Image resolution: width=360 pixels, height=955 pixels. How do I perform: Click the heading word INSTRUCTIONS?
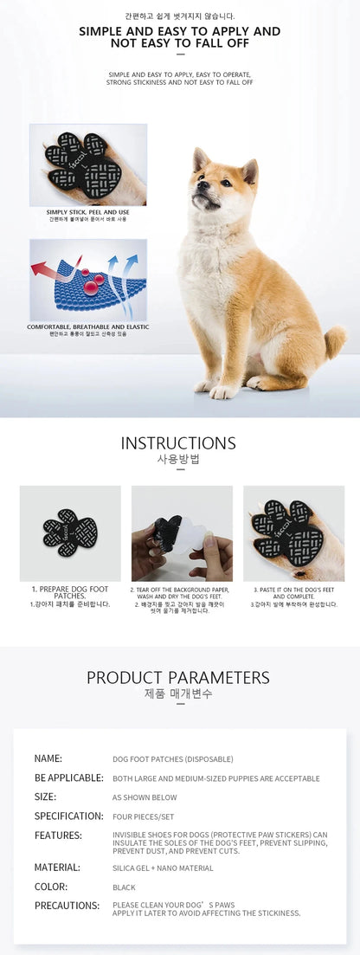coord(178,443)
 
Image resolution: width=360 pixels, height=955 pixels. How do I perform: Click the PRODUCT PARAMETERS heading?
coord(178,678)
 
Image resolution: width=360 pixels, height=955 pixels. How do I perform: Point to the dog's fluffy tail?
coord(333,340)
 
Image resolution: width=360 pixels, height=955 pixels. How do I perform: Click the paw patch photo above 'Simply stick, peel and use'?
coord(87,164)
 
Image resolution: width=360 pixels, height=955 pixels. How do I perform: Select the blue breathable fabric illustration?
coord(87,280)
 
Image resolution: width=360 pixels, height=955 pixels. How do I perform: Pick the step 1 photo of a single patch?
coord(70,532)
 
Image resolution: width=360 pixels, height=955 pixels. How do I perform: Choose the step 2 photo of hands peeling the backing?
coord(182,532)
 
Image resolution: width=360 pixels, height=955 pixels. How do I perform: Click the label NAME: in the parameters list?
coord(48,758)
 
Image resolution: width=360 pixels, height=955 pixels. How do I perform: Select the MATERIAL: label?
coord(57,867)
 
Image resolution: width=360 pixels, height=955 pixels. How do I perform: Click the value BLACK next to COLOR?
coord(124,887)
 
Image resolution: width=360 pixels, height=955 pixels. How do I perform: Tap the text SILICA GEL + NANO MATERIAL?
coord(163,868)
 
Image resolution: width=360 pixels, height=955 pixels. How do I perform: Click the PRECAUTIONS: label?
coord(67,906)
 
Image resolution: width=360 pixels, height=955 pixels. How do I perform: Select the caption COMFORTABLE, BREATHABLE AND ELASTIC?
coord(87,326)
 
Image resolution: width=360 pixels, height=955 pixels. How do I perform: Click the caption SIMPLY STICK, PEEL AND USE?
coord(87,212)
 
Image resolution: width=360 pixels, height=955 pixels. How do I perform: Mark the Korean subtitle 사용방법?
coord(178,460)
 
